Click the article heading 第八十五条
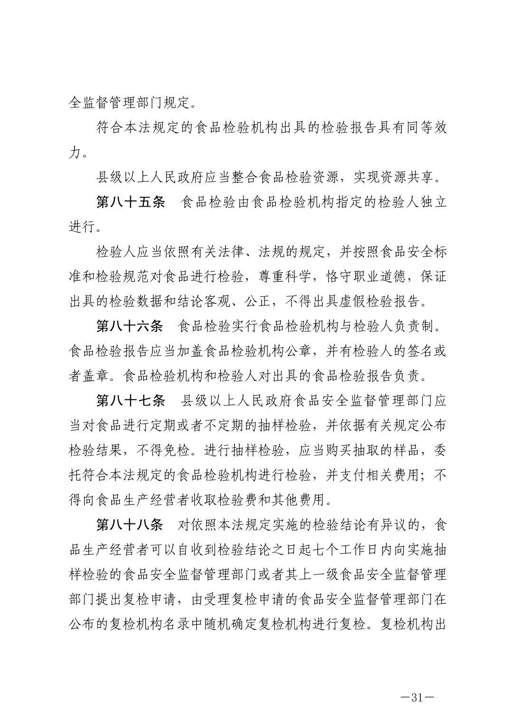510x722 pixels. [x=131, y=202]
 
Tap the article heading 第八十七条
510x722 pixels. [x=131, y=400]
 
